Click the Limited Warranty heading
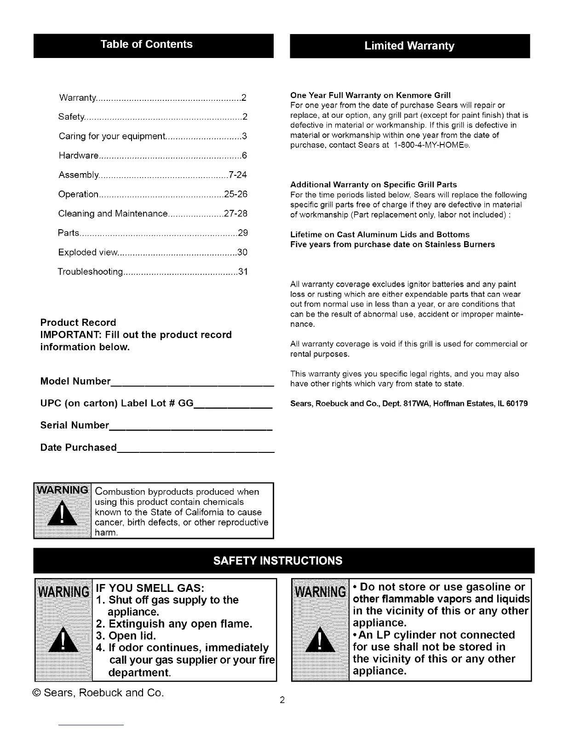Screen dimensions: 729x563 point(409,46)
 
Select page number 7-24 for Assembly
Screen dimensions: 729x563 point(238,175)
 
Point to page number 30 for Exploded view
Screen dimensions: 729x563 point(242,253)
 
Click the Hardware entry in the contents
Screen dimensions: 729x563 point(79,156)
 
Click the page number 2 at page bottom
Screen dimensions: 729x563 point(282,701)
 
